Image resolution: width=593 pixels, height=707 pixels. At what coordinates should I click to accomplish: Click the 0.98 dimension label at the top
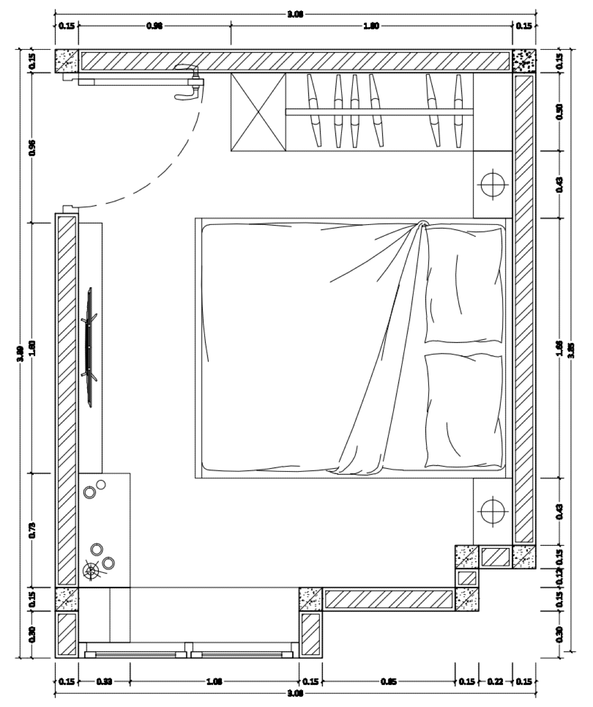pyautogui.click(x=154, y=25)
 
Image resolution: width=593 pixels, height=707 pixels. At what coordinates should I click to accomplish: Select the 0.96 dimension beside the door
pyautogui.click(x=31, y=147)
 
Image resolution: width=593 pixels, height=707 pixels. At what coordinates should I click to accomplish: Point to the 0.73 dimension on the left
pyautogui.click(x=31, y=530)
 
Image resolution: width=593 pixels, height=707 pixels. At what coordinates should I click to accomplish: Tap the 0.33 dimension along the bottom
pyautogui.click(x=104, y=682)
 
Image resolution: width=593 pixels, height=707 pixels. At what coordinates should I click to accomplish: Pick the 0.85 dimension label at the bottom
pyautogui.click(x=388, y=682)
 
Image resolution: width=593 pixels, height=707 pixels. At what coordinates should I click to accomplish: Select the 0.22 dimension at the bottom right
pyautogui.click(x=495, y=682)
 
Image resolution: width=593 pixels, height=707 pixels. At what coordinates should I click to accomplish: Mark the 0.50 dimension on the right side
pyautogui.click(x=560, y=112)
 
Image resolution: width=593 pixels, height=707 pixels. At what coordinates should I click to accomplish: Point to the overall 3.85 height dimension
pyautogui.click(x=571, y=350)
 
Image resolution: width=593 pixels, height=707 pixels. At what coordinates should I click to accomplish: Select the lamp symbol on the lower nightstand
pyautogui.click(x=492, y=511)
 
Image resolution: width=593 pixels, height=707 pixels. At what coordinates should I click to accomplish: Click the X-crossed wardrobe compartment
pyautogui.click(x=258, y=112)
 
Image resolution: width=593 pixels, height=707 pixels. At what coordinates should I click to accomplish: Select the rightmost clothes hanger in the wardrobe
pyautogui.click(x=458, y=112)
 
